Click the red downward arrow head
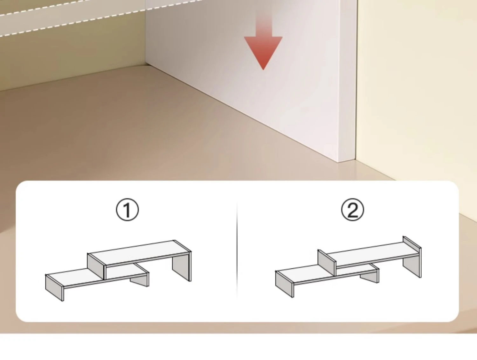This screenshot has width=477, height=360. pyautogui.click(x=263, y=51)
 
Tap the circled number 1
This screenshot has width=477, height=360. pyautogui.click(x=127, y=210)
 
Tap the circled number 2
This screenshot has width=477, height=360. pyautogui.click(x=352, y=210)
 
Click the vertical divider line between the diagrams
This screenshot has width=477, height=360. pyautogui.click(x=237, y=250)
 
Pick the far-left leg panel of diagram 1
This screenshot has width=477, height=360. pyautogui.click(x=54, y=287)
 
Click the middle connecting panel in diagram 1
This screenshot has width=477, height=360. pyautogui.click(x=96, y=266)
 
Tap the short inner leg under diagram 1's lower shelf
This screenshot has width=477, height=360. pyautogui.click(x=139, y=282)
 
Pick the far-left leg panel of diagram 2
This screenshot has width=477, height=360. pyautogui.click(x=284, y=284)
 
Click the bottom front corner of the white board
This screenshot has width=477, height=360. pyautogui.click(x=338, y=162)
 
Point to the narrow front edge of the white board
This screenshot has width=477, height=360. pyautogui.click(x=347, y=81)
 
